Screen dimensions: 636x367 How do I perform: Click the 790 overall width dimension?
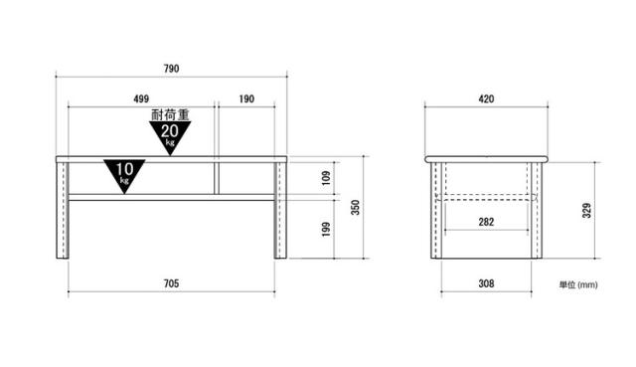(x=171, y=69)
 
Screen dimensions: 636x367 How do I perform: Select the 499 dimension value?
(x=141, y=98)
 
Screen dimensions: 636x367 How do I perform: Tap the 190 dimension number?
(x=246, y=98)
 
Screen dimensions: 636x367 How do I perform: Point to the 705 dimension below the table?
(x=171, y=283)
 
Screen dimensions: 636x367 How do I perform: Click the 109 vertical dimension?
(x=326, y=178)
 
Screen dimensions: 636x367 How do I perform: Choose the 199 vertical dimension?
(x=326, y=229)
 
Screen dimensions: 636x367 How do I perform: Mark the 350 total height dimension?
(x=356, y=207)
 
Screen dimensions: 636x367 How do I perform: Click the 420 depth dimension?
(x=486, y=98)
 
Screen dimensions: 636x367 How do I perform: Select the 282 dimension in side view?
(x=486, y=222)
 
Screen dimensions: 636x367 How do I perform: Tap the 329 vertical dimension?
(x=587, y=210)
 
